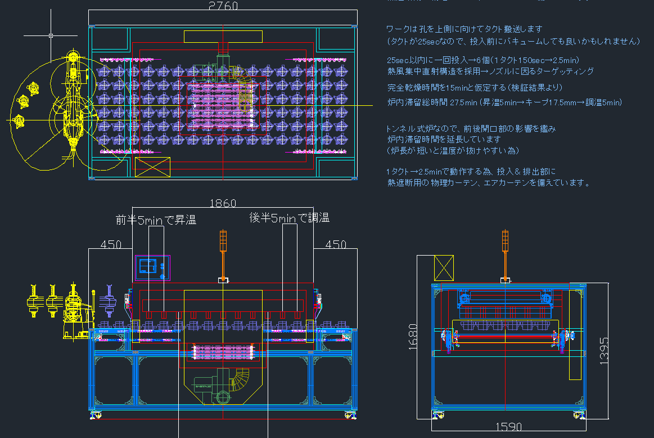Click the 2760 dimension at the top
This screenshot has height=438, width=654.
tap(223, 6)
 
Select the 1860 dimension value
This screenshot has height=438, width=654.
tap(223, 204)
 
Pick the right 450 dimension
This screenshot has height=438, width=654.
tap(336, 244)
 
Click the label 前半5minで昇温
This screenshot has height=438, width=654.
tap(156, 220)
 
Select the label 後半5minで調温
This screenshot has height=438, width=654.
tap(289, 218)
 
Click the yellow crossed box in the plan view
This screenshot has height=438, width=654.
tap(152, 167)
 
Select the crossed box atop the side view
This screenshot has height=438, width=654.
tap(444, 267)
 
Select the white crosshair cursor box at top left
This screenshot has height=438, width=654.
tap(51, 35)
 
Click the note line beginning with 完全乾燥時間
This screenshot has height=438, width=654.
tap(475, 88)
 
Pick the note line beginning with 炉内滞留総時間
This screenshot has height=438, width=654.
tap(504, 102)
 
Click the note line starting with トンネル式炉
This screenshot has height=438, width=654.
tap(471, 129)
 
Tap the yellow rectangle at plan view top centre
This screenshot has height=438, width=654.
tap(223, 37)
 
